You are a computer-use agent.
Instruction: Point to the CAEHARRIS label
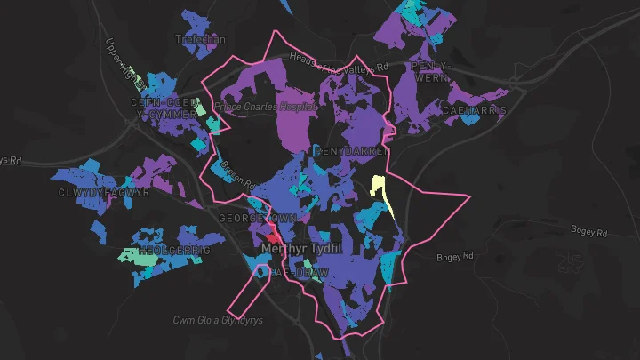(473, 111)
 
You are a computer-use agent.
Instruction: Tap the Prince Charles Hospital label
(266, 107)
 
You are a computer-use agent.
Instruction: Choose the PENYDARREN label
(348, 151)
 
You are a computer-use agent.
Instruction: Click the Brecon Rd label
(237, 170)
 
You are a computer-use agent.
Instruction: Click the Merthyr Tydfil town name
(303, 251)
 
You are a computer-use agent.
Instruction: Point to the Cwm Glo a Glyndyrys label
(219, 318)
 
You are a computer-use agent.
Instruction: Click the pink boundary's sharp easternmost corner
(468, 194)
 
